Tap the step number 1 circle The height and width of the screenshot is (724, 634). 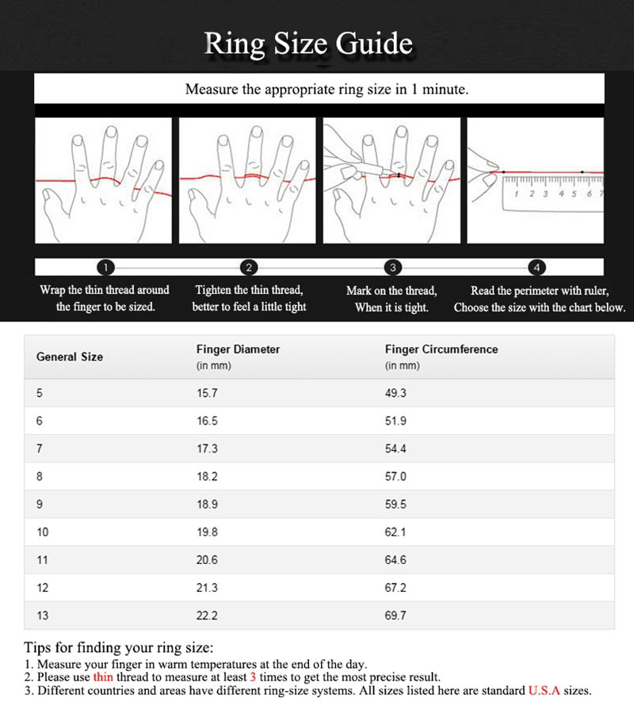click(x=109, y=267)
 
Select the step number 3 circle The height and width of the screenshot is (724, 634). click(x=393, y=267)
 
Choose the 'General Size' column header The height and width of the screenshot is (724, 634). click(x=70, y=356)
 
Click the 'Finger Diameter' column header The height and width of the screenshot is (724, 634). click(x=238, y=349)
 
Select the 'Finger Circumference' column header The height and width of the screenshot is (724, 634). click(x=441, y=349)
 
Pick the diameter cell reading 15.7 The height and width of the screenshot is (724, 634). click(x=207, y=393)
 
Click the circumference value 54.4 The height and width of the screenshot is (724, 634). click(x=395, y=448)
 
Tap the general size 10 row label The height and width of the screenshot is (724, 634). click(x=42, y=532)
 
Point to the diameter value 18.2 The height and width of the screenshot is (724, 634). click(x=207, y=477)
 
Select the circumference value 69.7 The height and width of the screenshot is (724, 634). click(x=395, y=615)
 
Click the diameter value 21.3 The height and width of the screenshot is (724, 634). click(x=207, y=588)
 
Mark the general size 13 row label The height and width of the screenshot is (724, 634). click(x=42, y=615)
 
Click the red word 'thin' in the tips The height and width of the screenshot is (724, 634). click(x=103, y=677)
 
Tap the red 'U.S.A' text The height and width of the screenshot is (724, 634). click(x=544, y=691)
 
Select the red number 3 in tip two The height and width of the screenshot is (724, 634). click(x=253, y=677)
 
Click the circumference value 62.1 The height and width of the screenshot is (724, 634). click(x=395, y=532)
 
